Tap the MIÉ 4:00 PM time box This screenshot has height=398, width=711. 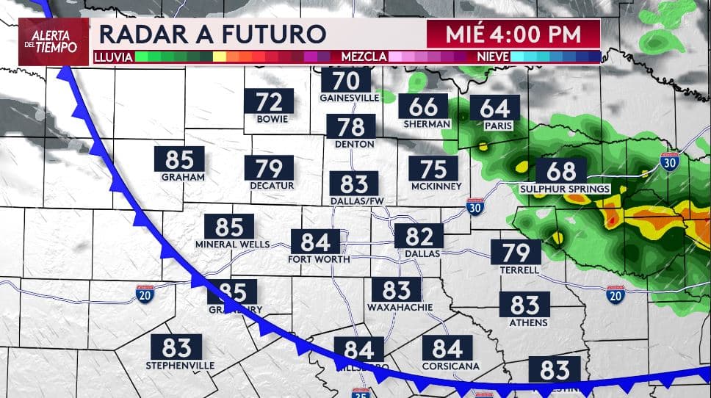[x=513, y=34]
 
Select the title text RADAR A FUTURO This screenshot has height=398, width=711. [x=212, y=35]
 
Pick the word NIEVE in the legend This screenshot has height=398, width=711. [x=493, y=56]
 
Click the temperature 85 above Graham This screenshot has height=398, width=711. [x=179, y=159]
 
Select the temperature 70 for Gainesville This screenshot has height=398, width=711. [x=345, y=80]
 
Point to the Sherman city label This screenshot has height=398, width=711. [x=427, y=124]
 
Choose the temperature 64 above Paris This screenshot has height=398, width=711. [x=494, y=108]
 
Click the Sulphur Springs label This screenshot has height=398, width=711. [x=565, y=189]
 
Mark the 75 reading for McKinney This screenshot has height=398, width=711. [x=433, y=170]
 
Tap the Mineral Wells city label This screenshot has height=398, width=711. [x=233, y=244]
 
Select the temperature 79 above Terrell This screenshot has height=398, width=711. [x=516, y=253]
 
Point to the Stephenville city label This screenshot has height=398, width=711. [x=180, y=365]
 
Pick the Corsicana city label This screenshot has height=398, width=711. [x=450, y=365]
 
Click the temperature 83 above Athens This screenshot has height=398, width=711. [x=524, y=304]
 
